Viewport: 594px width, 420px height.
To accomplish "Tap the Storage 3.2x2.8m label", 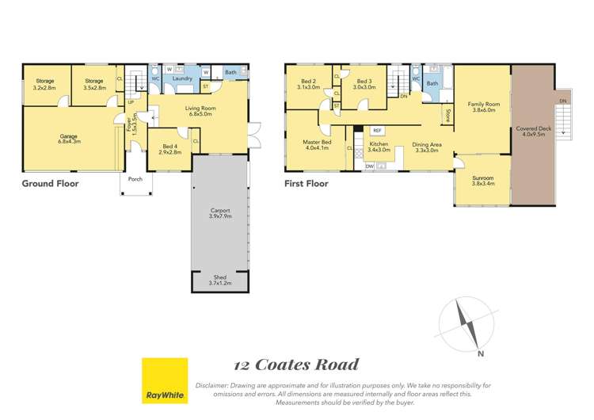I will coord(44,84).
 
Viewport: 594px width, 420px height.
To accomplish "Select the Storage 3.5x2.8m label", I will coord(94,84).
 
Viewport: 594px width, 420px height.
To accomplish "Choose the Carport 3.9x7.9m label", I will coord(219,213).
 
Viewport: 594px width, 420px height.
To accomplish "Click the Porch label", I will coord(135,179).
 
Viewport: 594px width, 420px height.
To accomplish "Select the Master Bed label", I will coord(316,145).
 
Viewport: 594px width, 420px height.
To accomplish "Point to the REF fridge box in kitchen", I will coord(377,130).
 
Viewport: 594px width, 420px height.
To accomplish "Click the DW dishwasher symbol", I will coord(370,166).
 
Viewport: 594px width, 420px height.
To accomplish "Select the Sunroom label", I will coord(482,181).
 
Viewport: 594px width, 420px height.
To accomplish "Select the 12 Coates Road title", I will coord(296,365).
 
